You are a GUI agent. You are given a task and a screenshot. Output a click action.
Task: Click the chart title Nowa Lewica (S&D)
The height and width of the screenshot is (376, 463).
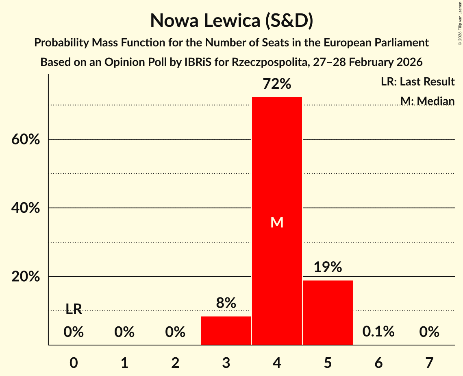pos(231,20)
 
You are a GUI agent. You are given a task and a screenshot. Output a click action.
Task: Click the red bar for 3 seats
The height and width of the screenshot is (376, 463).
pos(226,330)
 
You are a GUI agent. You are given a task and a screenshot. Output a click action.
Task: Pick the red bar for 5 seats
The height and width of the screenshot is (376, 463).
pos(328,312)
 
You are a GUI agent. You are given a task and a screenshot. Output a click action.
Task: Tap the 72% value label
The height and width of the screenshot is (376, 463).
pos(277,84)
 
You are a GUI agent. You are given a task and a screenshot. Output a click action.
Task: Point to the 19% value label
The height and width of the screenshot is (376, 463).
pos(328,267)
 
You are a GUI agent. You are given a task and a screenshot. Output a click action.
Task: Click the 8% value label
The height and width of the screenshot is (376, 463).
pos(226,303)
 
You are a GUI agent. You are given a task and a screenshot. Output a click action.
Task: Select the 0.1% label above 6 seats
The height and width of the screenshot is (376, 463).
pos(378,332)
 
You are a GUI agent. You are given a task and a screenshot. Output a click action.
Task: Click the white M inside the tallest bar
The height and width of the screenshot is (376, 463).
pos(277,222)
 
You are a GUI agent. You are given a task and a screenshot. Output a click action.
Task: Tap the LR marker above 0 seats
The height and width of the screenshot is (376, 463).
pos(74,310)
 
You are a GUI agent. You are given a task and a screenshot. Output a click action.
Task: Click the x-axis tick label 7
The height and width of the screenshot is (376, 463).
pos(429,363)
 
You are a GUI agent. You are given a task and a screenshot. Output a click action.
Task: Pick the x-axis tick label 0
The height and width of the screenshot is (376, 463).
pos(74,363)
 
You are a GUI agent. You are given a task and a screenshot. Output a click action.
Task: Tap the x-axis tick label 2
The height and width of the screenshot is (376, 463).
pos(175,363)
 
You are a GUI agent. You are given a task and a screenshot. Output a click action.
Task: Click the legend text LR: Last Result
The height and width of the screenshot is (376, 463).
pos(417,82)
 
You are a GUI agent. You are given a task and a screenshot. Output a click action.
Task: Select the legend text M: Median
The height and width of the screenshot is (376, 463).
pos(427,101)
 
